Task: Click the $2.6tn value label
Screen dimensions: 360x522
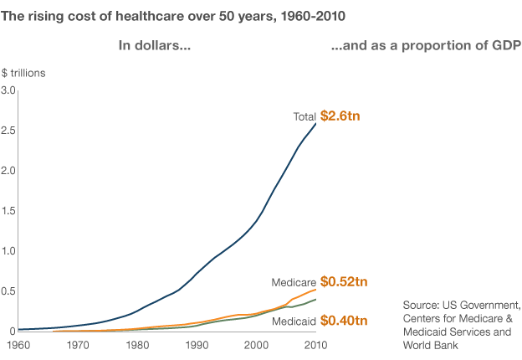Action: click(340, 116)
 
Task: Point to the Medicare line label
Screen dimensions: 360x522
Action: click(294, 282)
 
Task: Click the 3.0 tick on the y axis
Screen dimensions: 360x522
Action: click(8, 90)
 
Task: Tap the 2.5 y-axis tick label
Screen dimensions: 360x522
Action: click(8, 130)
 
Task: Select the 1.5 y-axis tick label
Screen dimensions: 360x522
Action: click(8, 210)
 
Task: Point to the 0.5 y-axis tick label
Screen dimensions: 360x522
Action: click(8, 291)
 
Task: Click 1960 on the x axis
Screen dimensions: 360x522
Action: click(18, 344)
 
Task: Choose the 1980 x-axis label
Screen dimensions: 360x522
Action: click(137, 344)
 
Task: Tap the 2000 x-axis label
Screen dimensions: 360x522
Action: click(256, 344)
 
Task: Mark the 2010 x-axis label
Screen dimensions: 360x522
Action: click(315, 344)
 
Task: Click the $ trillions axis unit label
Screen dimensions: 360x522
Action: click(23, 72)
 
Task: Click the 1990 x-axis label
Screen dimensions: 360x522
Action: click(197, 344)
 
